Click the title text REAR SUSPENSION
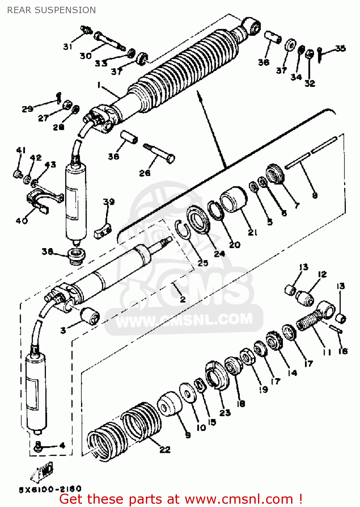coord(51,10)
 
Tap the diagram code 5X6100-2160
coord(50,489)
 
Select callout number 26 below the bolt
coord(145,173)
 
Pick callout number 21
coord(253,232)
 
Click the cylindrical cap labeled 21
coord(233,200)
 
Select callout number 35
coord(340,48)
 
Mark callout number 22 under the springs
coord(165,450)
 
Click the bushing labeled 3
coord(90,315)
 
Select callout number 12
coord(322,274)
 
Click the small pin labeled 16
coord(336,329)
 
